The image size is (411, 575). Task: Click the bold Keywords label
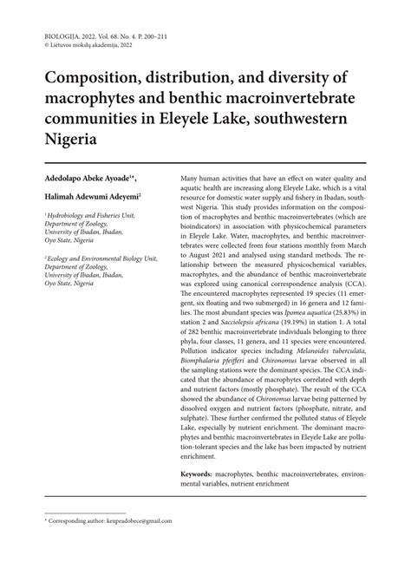[x=202, y=475]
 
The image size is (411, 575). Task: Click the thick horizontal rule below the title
[x=205, y=161]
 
